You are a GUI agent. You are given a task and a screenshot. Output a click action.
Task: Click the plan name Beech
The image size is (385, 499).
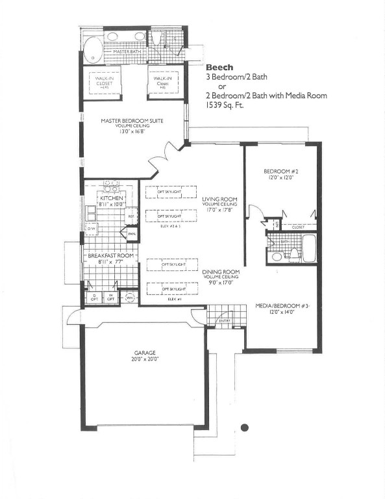(x=217, y=67)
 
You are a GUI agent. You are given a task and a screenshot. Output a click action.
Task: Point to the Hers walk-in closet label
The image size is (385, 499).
(x=106, y=83)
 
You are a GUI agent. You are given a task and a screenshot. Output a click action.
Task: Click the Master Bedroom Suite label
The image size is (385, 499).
(x=132, y=120)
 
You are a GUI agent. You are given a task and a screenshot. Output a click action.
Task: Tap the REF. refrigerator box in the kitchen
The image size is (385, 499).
(x=130, y=216)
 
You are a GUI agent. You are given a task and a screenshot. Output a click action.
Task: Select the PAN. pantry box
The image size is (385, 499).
(x=132, y=233)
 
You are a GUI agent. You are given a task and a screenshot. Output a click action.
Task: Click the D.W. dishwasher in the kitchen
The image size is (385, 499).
(x=91, y=228)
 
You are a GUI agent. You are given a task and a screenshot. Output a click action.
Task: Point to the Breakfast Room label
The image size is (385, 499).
(x=111, y=255)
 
